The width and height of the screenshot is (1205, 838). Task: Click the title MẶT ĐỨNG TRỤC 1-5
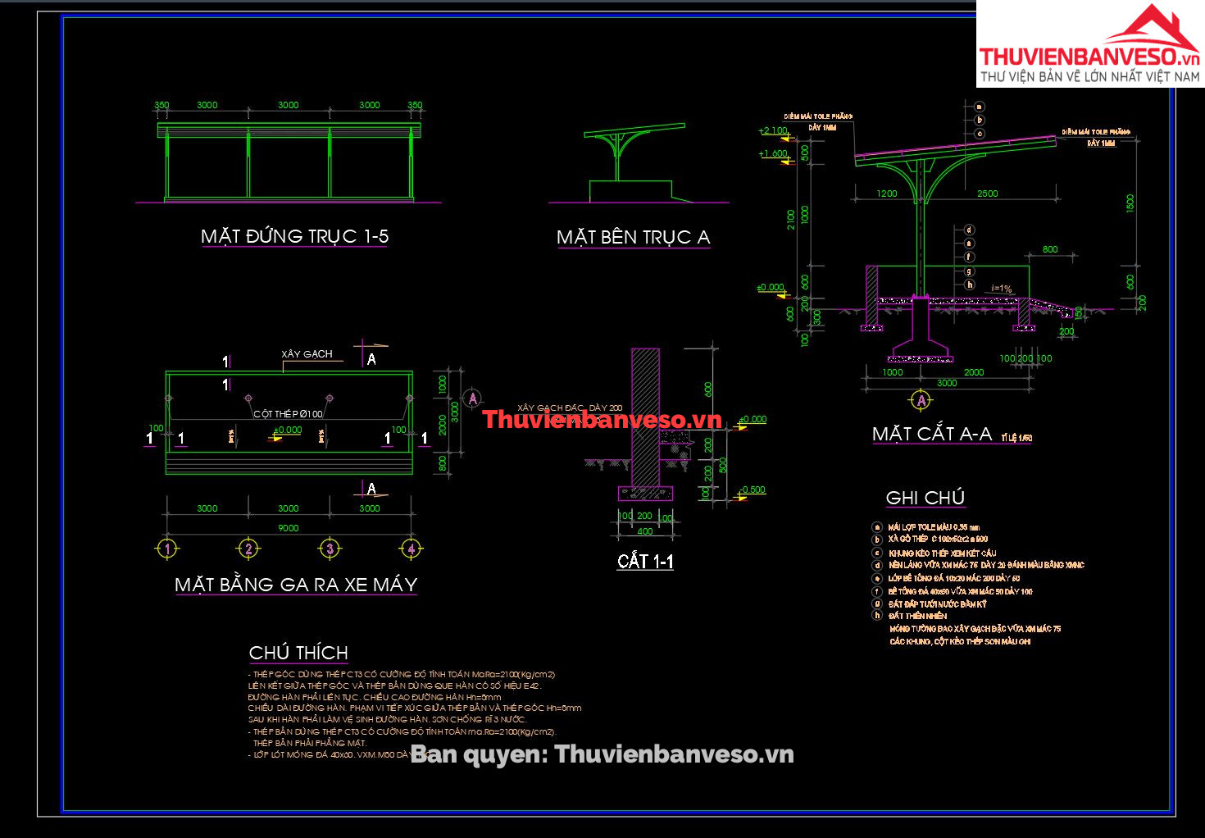click(294, 236)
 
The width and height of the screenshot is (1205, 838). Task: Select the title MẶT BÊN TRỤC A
click(633, 237)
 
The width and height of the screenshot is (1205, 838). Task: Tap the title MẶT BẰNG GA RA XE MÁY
click(296, 585)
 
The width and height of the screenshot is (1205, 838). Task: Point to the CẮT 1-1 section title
click(645, 561)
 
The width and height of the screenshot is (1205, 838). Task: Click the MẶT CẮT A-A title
click(932, 434)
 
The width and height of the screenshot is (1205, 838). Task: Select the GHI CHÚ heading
click(925, 498)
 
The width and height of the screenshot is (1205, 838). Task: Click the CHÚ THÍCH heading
click(298, 653)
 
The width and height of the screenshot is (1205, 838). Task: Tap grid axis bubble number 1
click(167, 549)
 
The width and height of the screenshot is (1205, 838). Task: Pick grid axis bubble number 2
click(248, 549)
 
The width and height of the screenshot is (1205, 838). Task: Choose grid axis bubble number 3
click(330, 549)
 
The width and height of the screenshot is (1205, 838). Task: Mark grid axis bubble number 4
click(412, 549)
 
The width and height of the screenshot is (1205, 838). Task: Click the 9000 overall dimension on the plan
click(289, 528)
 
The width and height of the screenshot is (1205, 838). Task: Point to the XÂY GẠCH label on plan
click(307, 354)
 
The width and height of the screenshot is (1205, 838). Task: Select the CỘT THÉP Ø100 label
click(288, 414)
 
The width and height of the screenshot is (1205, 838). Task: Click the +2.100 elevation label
click(773, 130)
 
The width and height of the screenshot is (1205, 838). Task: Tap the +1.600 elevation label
click(773, 153)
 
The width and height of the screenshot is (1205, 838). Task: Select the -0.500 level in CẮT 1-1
click(753, 490)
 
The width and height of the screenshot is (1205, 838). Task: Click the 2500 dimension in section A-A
click(988, 194)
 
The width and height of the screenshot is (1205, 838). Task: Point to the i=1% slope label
click(1002, 289)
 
